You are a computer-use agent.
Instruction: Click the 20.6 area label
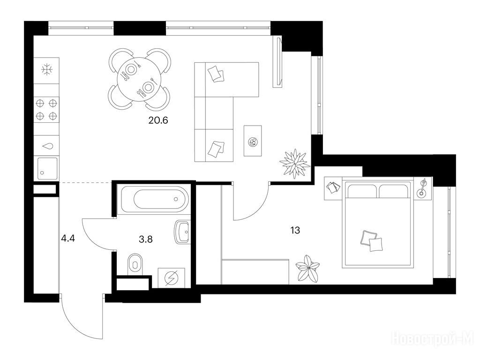158,120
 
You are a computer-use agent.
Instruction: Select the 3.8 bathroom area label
146,239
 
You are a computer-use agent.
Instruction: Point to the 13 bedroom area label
295,230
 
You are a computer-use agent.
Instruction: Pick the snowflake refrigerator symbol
47,70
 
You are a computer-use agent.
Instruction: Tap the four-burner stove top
47,110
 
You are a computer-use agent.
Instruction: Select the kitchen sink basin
47,168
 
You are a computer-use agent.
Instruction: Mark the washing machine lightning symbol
172,278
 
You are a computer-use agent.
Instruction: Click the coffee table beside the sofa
253,141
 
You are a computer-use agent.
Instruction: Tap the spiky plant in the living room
294,164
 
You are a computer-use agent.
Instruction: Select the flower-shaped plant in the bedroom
308,269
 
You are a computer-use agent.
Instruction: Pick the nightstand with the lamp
423,188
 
